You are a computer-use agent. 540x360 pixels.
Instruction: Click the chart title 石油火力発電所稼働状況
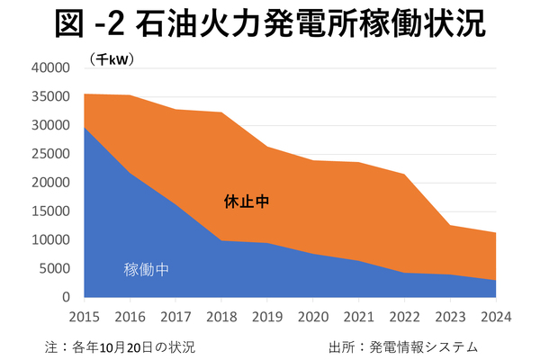(x=310, y=25)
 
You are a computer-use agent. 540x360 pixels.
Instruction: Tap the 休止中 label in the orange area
(x=247, y=202)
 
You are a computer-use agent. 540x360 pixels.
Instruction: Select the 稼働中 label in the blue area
(x=146, y=268)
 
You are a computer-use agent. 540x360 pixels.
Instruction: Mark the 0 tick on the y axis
(x=66, y=297)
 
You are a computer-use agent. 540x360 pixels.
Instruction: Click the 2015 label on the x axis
(x=84, y=317)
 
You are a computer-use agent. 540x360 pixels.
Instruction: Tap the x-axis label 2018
(x=220, y=317)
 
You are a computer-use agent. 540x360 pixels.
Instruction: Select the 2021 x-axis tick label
(x=358, y=317)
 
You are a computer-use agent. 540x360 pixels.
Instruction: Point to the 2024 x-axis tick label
(x=495, y=317)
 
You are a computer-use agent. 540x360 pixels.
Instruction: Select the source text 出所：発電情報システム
(x=404, y=346)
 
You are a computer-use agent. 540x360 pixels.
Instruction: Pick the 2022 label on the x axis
(x=404, y=317)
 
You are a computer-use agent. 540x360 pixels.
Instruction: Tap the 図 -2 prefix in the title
(x=89, y=25)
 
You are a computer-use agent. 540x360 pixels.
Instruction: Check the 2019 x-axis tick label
(x=266, y=317)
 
